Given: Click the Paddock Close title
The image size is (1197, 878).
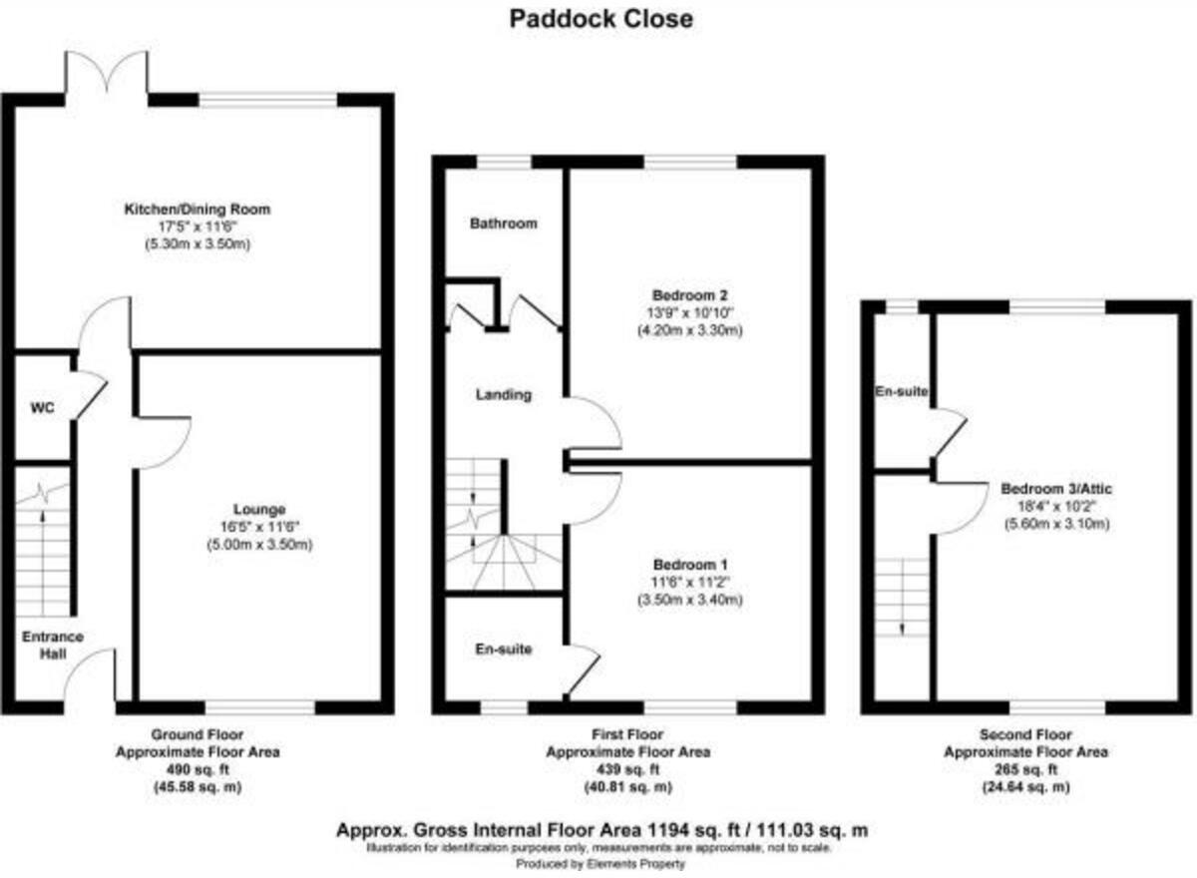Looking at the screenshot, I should tap(600, 18).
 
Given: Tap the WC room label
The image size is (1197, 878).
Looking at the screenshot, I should tap(41, 408).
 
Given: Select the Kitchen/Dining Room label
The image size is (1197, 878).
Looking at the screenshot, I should tap(197, 210).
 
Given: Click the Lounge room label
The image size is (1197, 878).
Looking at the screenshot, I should tap(259, 509).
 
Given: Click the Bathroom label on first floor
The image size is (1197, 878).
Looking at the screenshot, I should tap(504, 223).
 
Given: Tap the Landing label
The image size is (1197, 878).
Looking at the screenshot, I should tap(504, 395).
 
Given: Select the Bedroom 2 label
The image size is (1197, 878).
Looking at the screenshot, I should tap(689, 295).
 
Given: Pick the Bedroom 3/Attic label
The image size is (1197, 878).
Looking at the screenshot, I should tap(1057, 489).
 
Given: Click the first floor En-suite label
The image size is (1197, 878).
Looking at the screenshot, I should tap(504, 650).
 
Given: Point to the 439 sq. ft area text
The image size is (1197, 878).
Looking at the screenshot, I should tap(627, 769).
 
